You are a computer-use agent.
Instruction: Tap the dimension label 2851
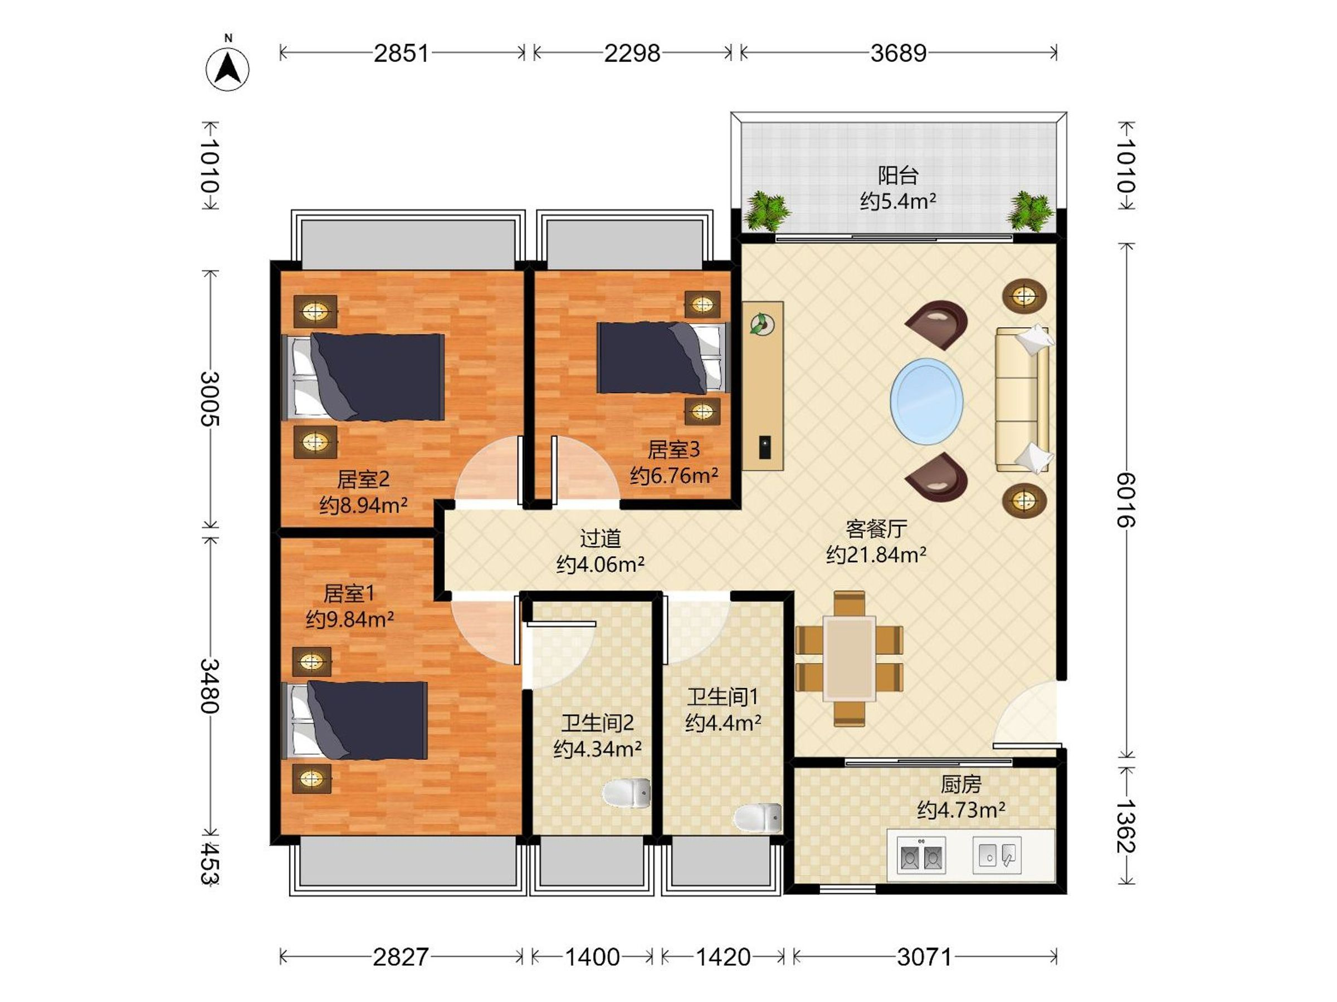[401, 53]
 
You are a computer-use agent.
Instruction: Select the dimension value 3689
[898, 53]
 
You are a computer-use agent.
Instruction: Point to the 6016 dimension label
[1125, 500]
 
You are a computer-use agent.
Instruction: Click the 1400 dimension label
[592, 957]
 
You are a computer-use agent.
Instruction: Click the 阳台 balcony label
[898, 176]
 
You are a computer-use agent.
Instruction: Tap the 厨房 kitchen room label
[961, 784]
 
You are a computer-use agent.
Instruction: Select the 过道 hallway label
[600, 538]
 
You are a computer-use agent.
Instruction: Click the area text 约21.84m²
[876, 554]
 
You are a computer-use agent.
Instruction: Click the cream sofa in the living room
[1023, 399]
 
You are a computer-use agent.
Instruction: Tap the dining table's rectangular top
[849, 659]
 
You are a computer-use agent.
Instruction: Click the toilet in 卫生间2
[627, 793]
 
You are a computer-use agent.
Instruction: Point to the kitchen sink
[997, 855]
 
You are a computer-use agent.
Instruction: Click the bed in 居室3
[663, 357]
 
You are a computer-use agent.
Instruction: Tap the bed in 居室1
[355, 720]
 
